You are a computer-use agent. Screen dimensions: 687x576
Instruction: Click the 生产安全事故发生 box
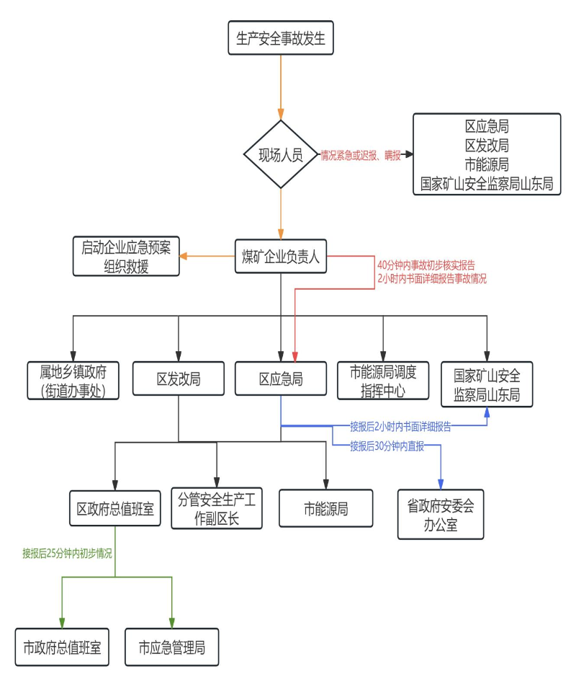281,38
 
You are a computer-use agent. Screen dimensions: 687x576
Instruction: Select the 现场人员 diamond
281,154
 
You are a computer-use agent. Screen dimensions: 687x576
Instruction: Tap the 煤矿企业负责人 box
281,256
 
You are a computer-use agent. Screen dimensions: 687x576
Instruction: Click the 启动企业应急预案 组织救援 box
126,257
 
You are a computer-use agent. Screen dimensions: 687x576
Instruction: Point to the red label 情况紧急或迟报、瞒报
361,155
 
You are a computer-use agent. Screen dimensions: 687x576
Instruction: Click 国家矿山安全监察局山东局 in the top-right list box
487,184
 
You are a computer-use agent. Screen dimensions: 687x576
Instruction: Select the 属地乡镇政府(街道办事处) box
74,380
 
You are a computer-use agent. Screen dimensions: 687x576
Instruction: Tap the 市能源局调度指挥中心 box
383,380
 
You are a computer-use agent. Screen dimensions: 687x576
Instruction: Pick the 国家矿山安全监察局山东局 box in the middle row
487,384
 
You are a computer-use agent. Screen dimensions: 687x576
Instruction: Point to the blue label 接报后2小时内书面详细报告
400,427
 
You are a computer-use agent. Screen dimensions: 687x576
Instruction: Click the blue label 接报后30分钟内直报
387,446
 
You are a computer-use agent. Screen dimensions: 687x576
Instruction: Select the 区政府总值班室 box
115,509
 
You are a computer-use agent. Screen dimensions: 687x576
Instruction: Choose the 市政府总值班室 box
62,647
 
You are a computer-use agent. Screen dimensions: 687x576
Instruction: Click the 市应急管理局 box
172,647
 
